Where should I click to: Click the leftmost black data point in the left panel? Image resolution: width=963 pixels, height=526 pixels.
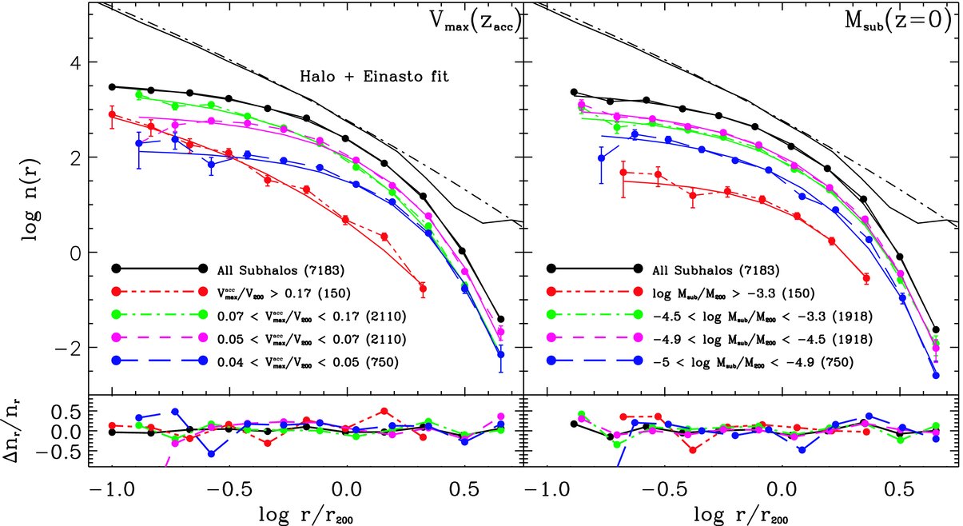point(113,86)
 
